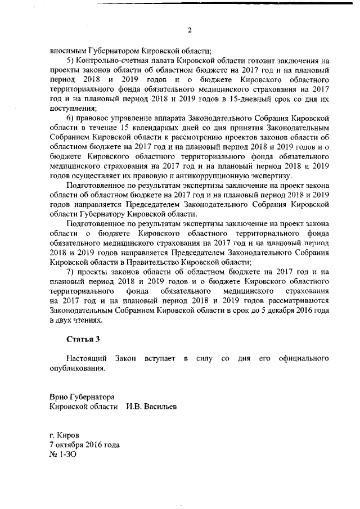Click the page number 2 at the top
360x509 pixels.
click(x=190, y=30)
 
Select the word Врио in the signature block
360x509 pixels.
click(x=58, y=397)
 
